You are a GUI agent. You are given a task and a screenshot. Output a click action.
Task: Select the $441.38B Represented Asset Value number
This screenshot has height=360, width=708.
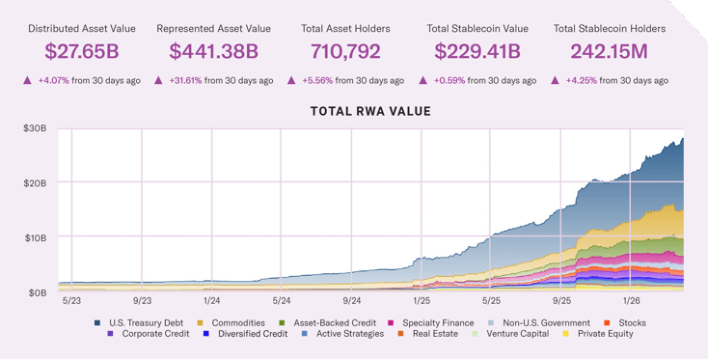(x=214, y=51)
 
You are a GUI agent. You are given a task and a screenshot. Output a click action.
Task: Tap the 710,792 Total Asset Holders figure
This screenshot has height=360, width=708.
(x=345, y=51)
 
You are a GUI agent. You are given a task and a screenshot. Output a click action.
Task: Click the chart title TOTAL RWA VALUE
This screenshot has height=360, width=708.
(x=370, y=112)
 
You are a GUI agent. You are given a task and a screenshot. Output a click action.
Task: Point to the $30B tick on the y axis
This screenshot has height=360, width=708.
(x=36, y=128)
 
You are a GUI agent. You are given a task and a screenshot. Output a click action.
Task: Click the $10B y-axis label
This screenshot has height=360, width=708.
(x=36, y=236)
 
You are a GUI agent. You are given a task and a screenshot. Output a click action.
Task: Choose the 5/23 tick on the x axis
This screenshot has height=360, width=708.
(x=72, y=300)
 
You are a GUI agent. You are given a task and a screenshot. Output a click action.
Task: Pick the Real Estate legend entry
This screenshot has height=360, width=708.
(x=431, y=334)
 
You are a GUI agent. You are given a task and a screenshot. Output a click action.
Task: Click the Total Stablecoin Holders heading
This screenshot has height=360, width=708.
(x=610, y=28)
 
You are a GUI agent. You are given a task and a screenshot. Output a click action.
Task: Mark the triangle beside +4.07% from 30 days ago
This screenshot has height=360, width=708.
(x=27, y=80)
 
